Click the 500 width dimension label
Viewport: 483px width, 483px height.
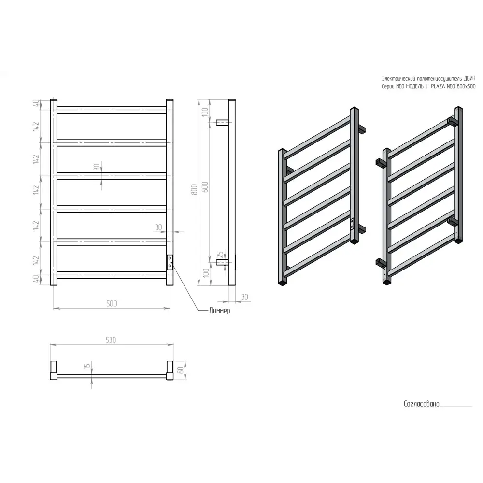point(112,303)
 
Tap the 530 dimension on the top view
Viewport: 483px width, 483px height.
point(111,340)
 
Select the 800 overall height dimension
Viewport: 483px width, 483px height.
point(194,189)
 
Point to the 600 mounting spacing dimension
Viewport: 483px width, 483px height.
point(205,187)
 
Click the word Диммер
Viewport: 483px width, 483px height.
point(220,311)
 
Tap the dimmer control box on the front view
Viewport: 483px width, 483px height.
point(170,262)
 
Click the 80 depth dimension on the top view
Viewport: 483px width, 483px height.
point(181,369)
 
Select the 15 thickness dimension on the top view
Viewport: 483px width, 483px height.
point(87,366)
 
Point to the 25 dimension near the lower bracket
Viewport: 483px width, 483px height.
point(220,255)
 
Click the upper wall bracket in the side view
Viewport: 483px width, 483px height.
point(223,123)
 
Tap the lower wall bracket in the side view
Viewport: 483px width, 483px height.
point(223,262)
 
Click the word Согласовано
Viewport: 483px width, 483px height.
point(421,404)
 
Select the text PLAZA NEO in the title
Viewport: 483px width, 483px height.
point(442,86)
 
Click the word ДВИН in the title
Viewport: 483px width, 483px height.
point(470,78)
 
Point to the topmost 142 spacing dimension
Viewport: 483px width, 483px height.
point(36,126)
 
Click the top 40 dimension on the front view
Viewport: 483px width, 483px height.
point(36,103)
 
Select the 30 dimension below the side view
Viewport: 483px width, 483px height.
point(244,297)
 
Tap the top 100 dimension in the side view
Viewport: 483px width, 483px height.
point(205,112)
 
